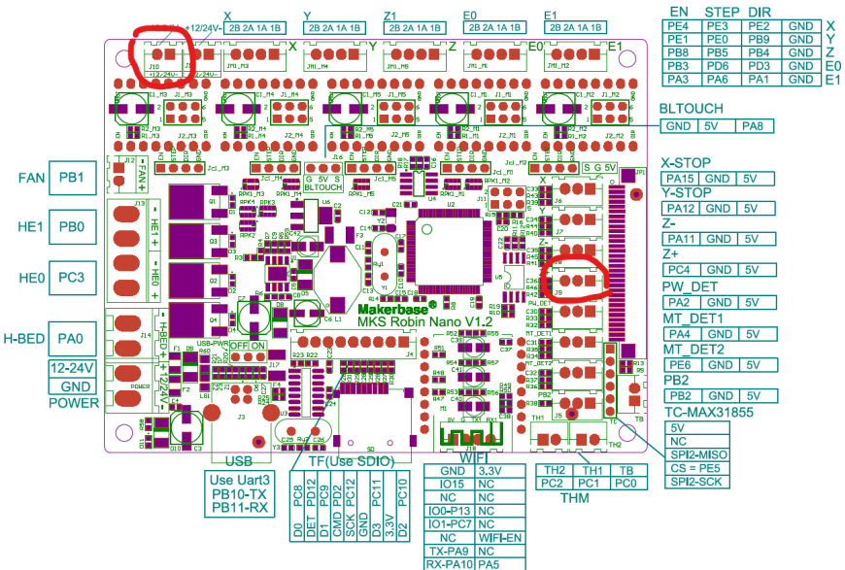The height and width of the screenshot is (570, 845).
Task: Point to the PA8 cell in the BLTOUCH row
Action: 754,126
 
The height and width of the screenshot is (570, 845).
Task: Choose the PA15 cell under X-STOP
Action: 681,179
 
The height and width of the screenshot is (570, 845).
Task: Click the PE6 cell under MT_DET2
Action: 681,365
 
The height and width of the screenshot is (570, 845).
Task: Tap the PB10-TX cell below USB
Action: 238,493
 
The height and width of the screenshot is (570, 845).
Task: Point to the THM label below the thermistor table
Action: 575,498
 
